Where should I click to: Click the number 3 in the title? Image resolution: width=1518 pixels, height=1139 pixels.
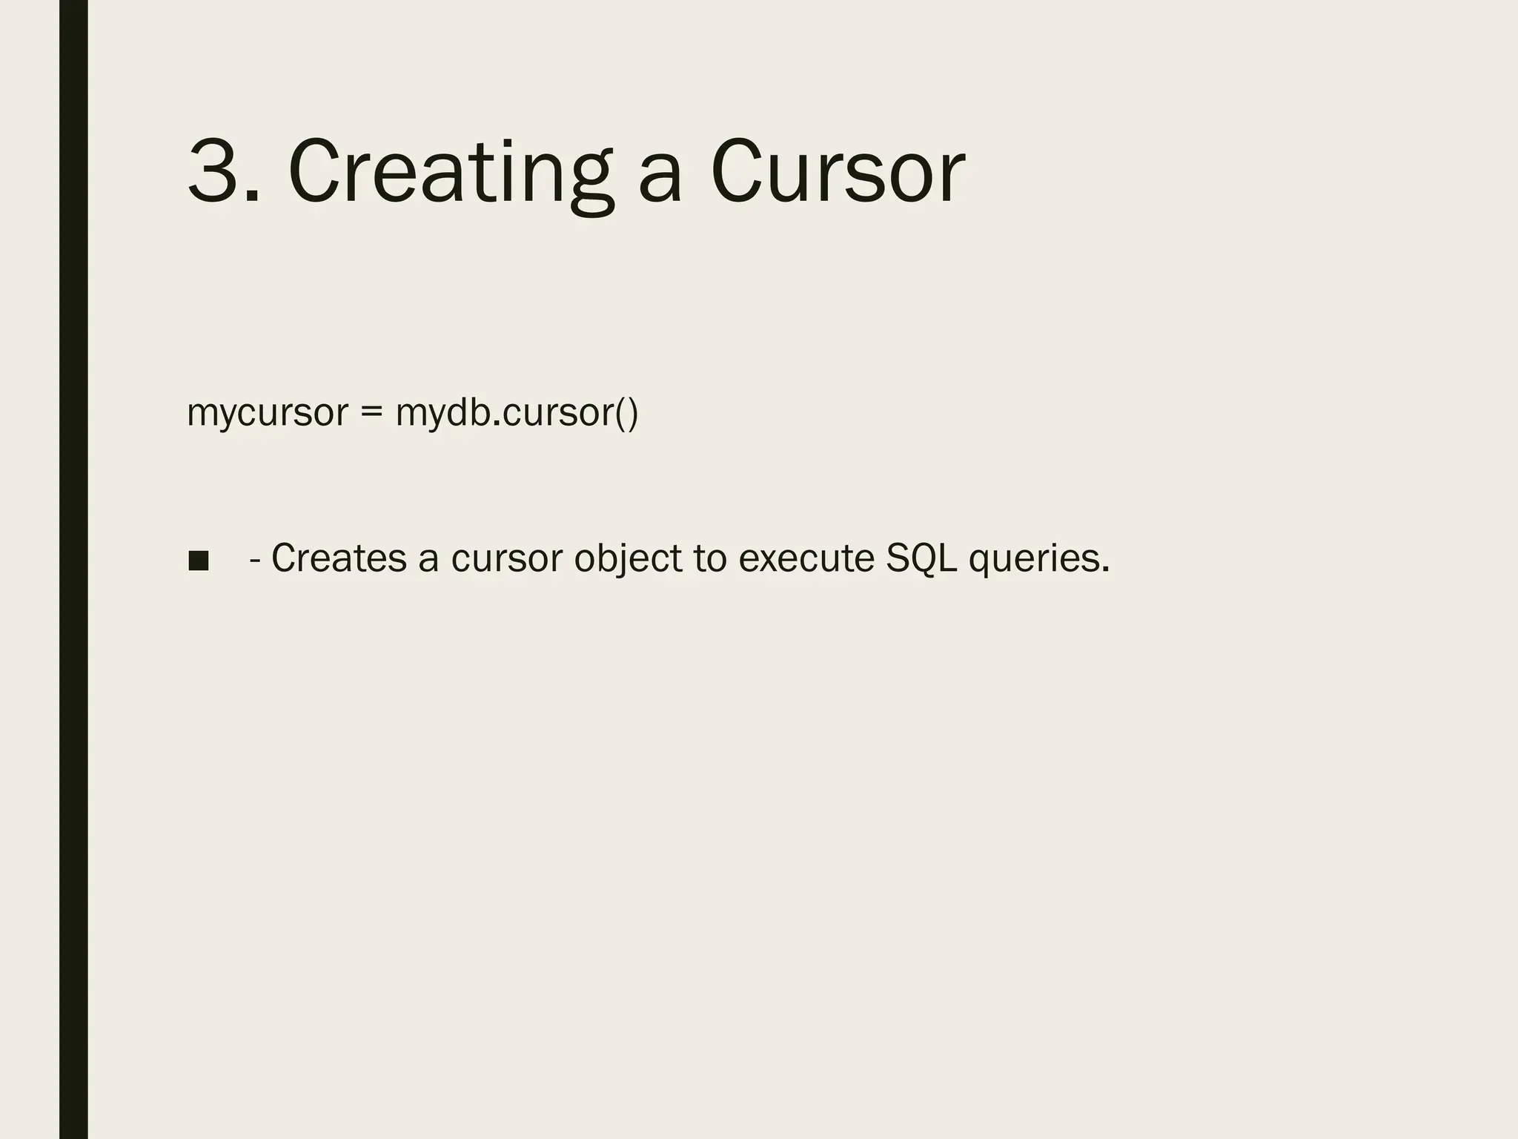coord(216,171)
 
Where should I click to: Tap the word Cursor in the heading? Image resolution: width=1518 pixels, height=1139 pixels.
coord(837,171)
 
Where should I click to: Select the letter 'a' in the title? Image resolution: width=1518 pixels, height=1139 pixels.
coord(659,178)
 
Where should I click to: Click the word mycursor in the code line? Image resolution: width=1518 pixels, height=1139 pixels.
coord(267,414)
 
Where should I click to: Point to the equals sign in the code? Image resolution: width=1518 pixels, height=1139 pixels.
coord(371,413)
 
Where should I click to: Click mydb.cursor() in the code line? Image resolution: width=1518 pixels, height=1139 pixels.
coord(516,413)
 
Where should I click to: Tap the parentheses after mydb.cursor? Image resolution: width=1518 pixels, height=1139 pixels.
coord(626,414)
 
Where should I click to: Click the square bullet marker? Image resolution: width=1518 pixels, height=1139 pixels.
coord(199,561)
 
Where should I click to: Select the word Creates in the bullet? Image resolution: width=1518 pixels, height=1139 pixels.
coord(339,558)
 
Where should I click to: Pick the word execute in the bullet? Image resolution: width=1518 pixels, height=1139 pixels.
coord(806,558)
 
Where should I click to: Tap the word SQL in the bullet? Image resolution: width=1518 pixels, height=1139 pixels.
coord(921,559)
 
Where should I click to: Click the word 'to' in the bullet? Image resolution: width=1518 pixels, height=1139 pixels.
coord(710,559)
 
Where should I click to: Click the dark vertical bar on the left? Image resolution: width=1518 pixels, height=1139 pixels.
coord(73,569)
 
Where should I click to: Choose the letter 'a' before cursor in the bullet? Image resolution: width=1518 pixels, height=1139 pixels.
coord(428,561)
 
